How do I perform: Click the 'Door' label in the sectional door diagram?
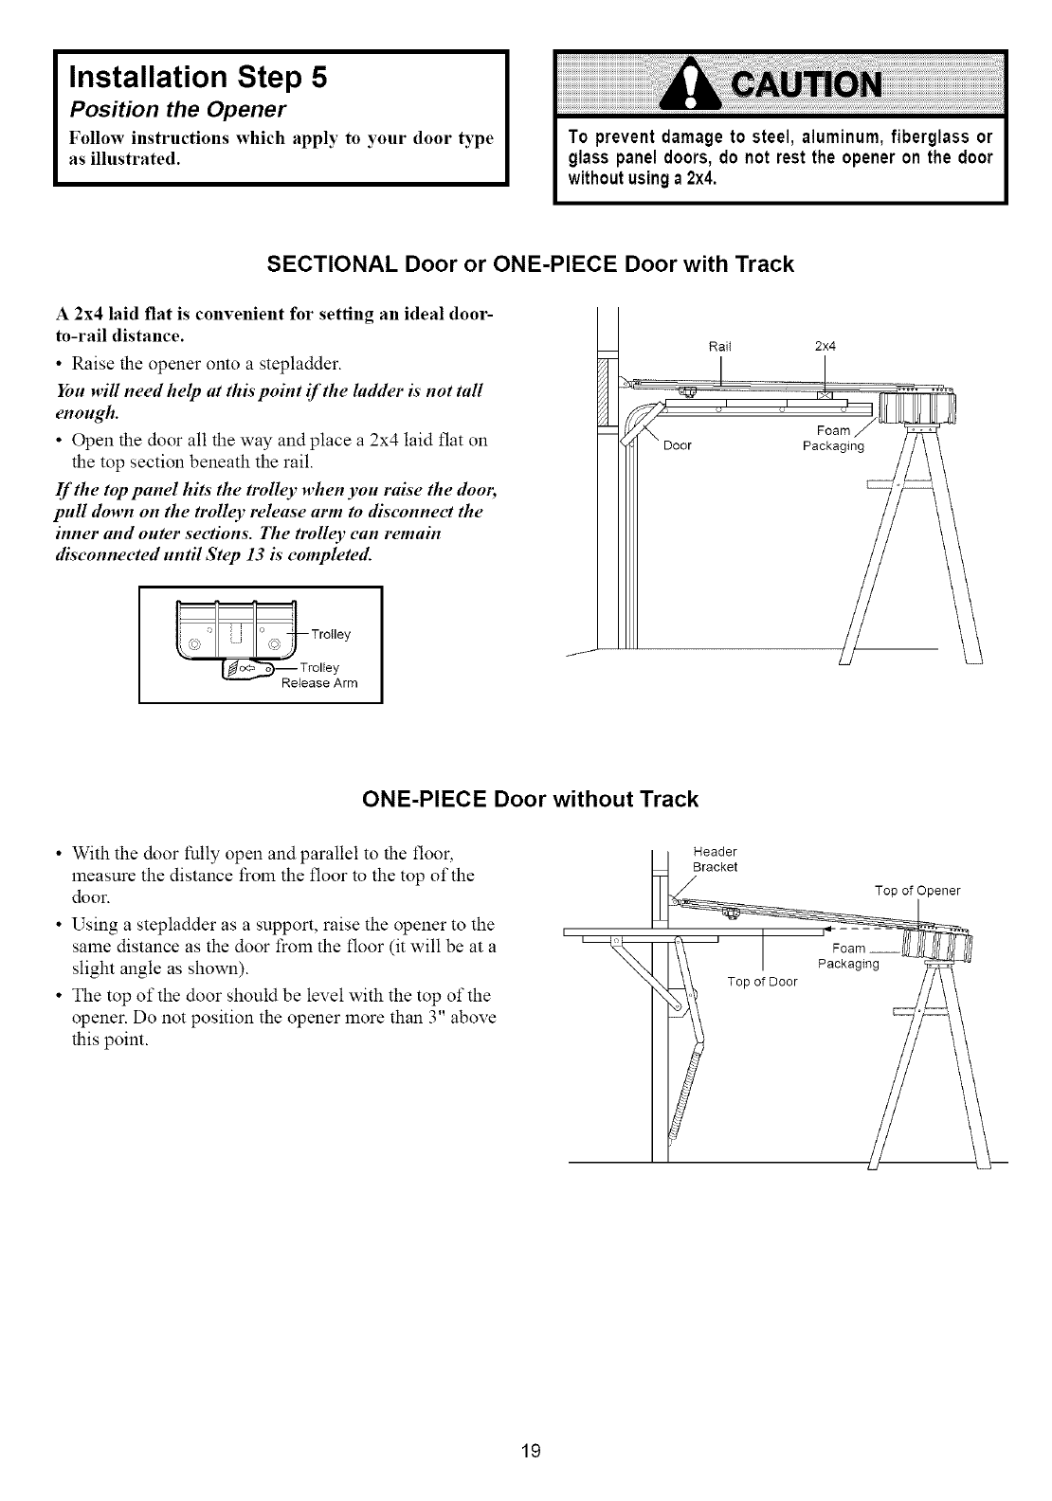coord(677,446)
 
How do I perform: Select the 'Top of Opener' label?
coord(916,890)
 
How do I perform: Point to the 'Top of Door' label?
coord(762,981)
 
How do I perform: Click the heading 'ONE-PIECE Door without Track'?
coord(531,799)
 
